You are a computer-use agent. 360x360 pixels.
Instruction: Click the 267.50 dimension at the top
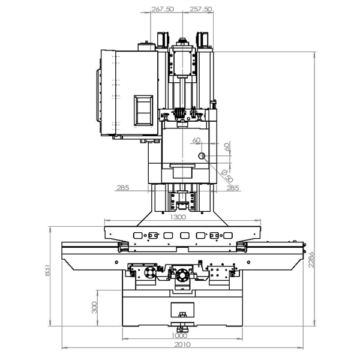163,9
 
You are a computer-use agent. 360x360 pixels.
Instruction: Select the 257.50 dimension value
200,9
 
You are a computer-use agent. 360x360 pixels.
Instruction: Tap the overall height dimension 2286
311,259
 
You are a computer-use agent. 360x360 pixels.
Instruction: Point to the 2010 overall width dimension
182,344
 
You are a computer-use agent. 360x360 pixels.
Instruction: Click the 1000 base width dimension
180,335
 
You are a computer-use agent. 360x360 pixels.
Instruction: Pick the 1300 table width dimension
178,217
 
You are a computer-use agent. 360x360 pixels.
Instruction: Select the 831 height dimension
47,270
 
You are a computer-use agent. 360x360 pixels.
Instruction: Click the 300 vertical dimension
94,307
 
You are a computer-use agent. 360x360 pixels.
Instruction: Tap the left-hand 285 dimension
123,188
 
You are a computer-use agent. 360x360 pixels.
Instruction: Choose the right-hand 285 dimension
233,188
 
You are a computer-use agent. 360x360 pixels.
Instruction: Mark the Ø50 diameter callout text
227,176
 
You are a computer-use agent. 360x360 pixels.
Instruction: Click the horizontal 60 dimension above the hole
196,140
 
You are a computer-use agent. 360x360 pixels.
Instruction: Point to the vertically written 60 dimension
227,146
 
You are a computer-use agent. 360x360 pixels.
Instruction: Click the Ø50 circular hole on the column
202,156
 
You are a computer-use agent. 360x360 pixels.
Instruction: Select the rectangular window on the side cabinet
143,110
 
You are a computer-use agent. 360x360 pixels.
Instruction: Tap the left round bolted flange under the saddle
150,272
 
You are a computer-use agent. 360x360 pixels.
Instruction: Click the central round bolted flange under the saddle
183,275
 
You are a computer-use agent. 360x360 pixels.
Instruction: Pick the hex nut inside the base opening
182,314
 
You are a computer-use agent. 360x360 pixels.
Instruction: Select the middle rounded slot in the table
185,236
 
